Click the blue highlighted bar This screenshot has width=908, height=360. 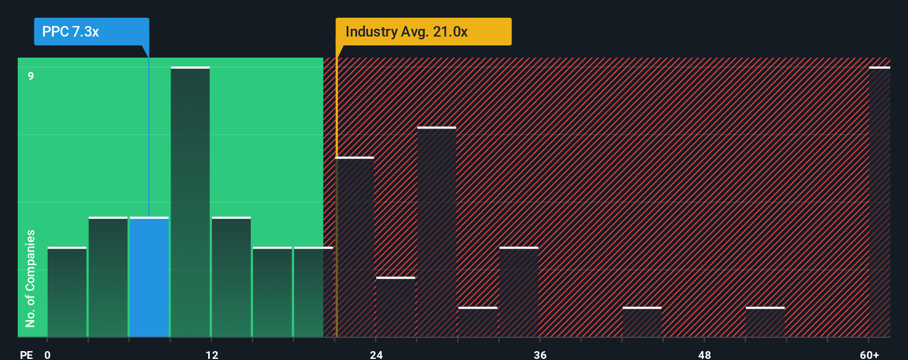(x=149, y=277)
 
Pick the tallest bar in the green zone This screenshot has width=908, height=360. (x=190, y=202)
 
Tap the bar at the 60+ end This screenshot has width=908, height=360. (x=879, y=202)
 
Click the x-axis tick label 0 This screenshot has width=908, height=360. (x=48, y=354)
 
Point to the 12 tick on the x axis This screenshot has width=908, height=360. (x=212, y=354)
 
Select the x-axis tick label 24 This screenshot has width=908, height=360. (x=376, y=354)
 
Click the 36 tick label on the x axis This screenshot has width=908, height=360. (x=540, y=354)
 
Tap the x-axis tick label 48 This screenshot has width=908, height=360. (x=705, y=354)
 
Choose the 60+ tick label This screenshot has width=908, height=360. (x=869, y=354)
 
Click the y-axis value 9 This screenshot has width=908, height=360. (x=31, y=76)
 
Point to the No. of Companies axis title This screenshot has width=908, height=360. (x=30, y=278)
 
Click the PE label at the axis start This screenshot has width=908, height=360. (x=26, y=354)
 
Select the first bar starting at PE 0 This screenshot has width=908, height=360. (x=67, y=292)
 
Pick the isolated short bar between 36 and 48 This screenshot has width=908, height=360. (x=642, y=322)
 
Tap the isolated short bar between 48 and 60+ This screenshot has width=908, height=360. (x=765, y=322)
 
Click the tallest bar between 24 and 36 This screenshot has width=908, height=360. (x=437, y=232)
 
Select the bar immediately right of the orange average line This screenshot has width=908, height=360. (x=355, y=247)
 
